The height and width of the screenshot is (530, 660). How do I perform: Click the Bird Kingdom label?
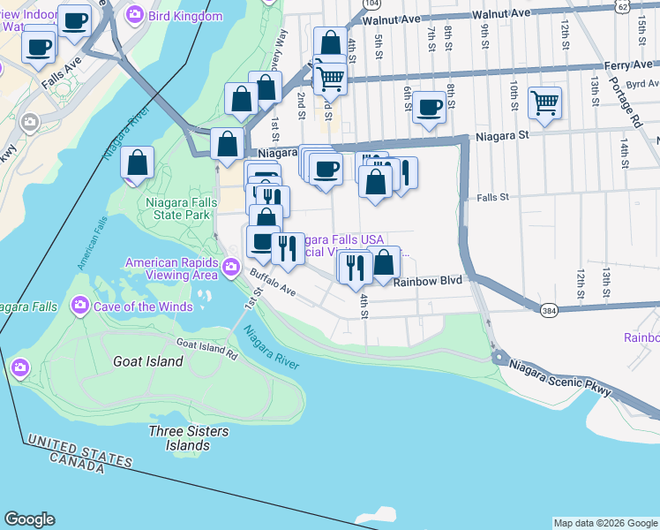pyautogui.click(x=185, y=16)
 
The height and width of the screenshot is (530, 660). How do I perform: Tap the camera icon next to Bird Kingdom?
pyautogui.click(x=135, y=14)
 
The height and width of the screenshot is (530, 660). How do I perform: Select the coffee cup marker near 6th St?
pyautogui.click(x=429, y=108)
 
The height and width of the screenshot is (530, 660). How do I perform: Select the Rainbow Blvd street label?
pyautogui.click(x=428, y=282)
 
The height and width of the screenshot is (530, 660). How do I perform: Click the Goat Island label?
pyautogui.click(x=148, y=361)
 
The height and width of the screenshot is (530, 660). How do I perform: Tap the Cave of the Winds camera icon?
pyautogui.click(x=80, y=306)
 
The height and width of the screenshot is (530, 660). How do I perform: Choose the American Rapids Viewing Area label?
pyautogui.click(x=171, y=269)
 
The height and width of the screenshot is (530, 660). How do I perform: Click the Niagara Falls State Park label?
pyautogui.click(x=177, y=208)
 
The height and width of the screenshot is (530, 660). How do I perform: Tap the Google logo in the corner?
pyautogui.click(x=29, y=519)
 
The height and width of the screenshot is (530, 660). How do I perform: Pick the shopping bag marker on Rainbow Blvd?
pyautogui.click(x=384, y=262)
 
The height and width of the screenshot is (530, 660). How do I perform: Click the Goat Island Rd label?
pyautogui.click(x=206, y=349)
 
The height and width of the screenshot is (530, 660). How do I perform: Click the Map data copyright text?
pyautogui.click(x=605, y=523)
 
